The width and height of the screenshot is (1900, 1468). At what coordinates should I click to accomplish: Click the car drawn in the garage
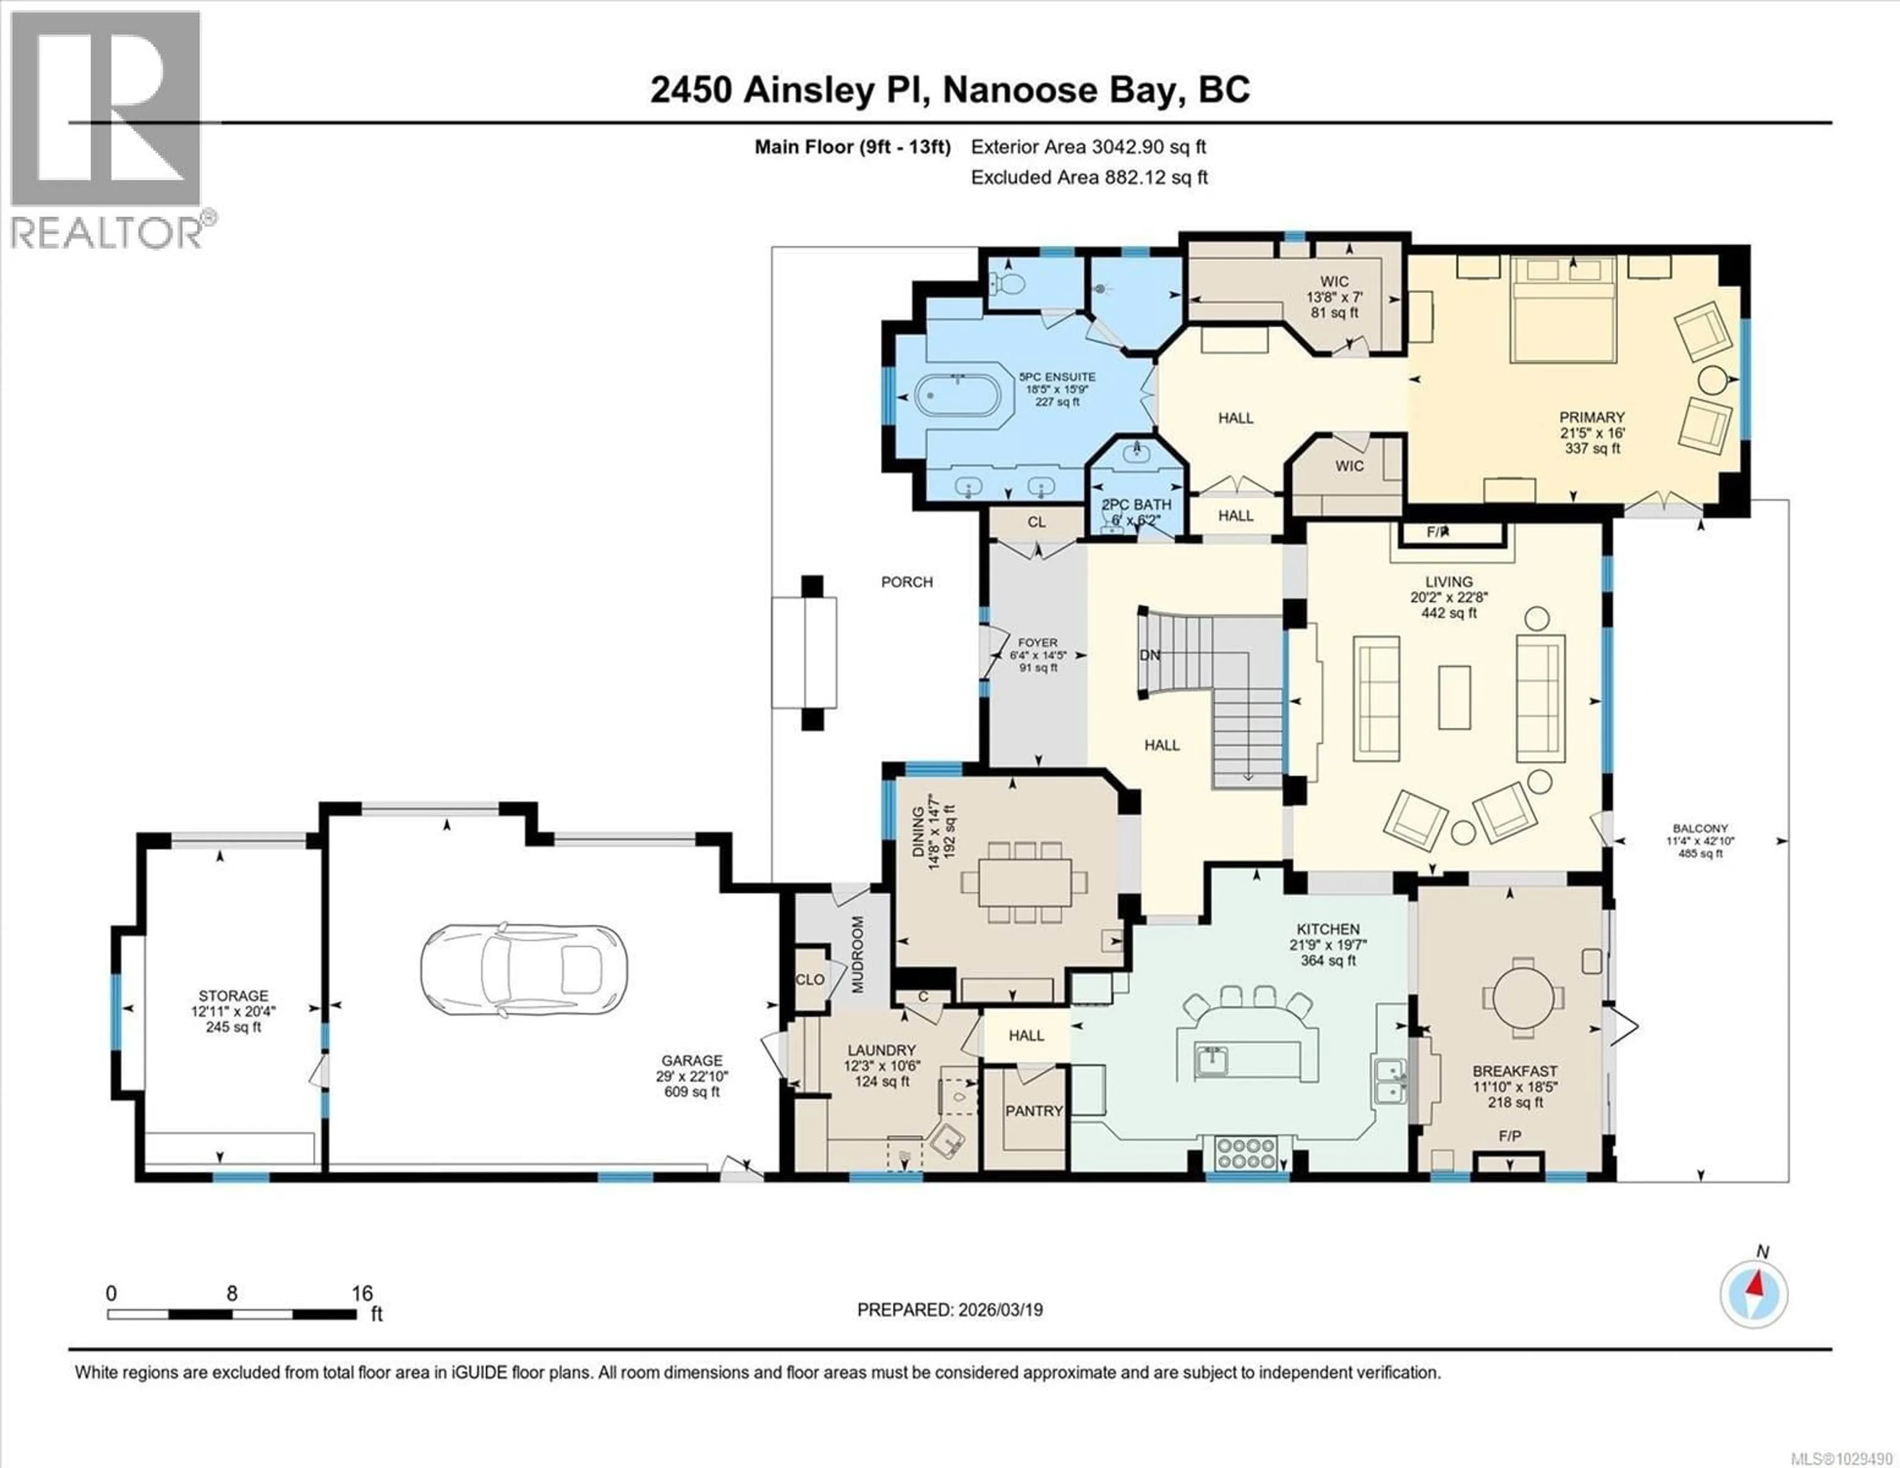[523, 968]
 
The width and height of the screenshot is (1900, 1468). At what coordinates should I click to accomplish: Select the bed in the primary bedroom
[1563, 309]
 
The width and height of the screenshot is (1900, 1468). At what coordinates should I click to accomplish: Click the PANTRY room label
[1034, 1111]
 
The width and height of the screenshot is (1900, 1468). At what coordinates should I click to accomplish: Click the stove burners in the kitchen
[1247, 1154]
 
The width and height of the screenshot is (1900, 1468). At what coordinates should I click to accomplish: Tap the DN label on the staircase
[1149, 655]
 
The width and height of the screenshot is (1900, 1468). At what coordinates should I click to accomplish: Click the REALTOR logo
[109, 131]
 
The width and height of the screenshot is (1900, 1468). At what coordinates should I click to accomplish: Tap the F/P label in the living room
[1438, 532]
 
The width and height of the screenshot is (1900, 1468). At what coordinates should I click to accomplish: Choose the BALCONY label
[1700, 828]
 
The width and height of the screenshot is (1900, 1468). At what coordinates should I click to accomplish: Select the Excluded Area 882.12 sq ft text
[1089, 178]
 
